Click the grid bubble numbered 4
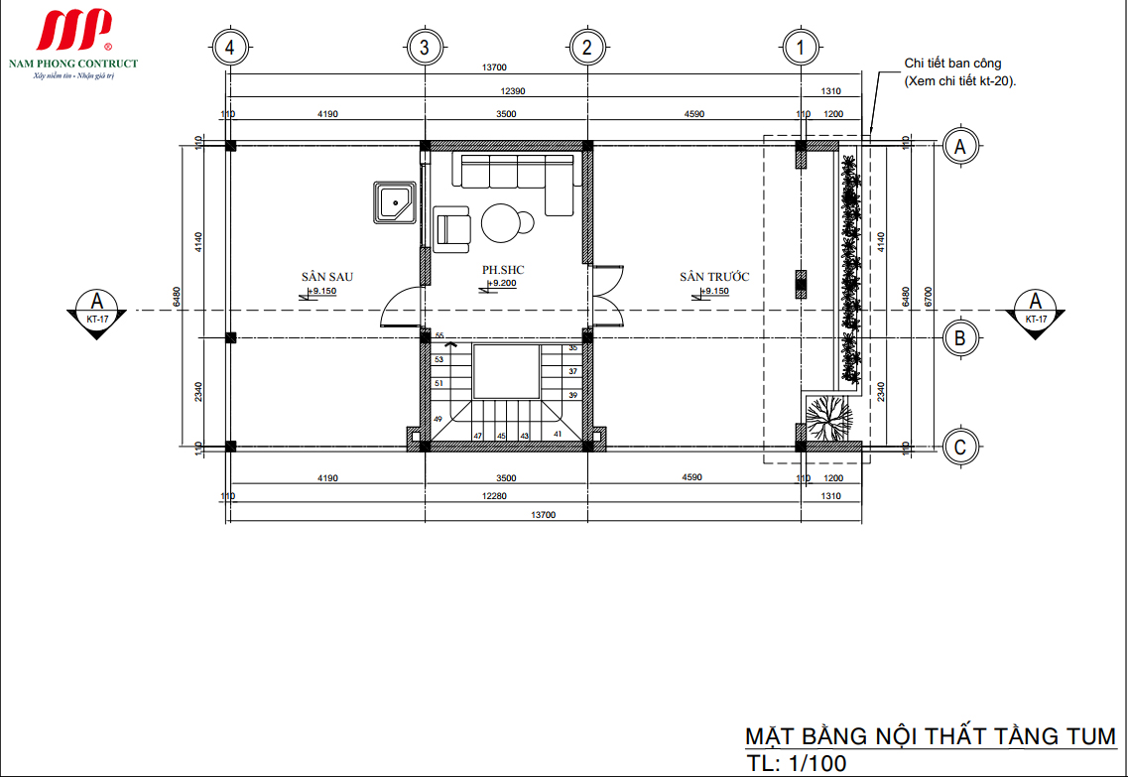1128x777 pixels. click(230, 47)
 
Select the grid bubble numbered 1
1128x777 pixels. click(801, 47)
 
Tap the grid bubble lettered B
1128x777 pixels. click(959, 339)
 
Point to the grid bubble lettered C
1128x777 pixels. click(959, 448)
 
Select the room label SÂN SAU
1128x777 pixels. click(327, 277)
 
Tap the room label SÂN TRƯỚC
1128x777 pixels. click(714, 277)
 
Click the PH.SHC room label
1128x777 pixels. click(503, 269)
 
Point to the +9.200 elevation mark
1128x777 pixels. click(502, 284)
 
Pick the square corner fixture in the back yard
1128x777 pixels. click(395, 203)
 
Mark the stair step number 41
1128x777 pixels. click(558, 434)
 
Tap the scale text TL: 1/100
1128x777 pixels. click(796, 764)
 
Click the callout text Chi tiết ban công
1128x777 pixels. click(952, 64)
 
